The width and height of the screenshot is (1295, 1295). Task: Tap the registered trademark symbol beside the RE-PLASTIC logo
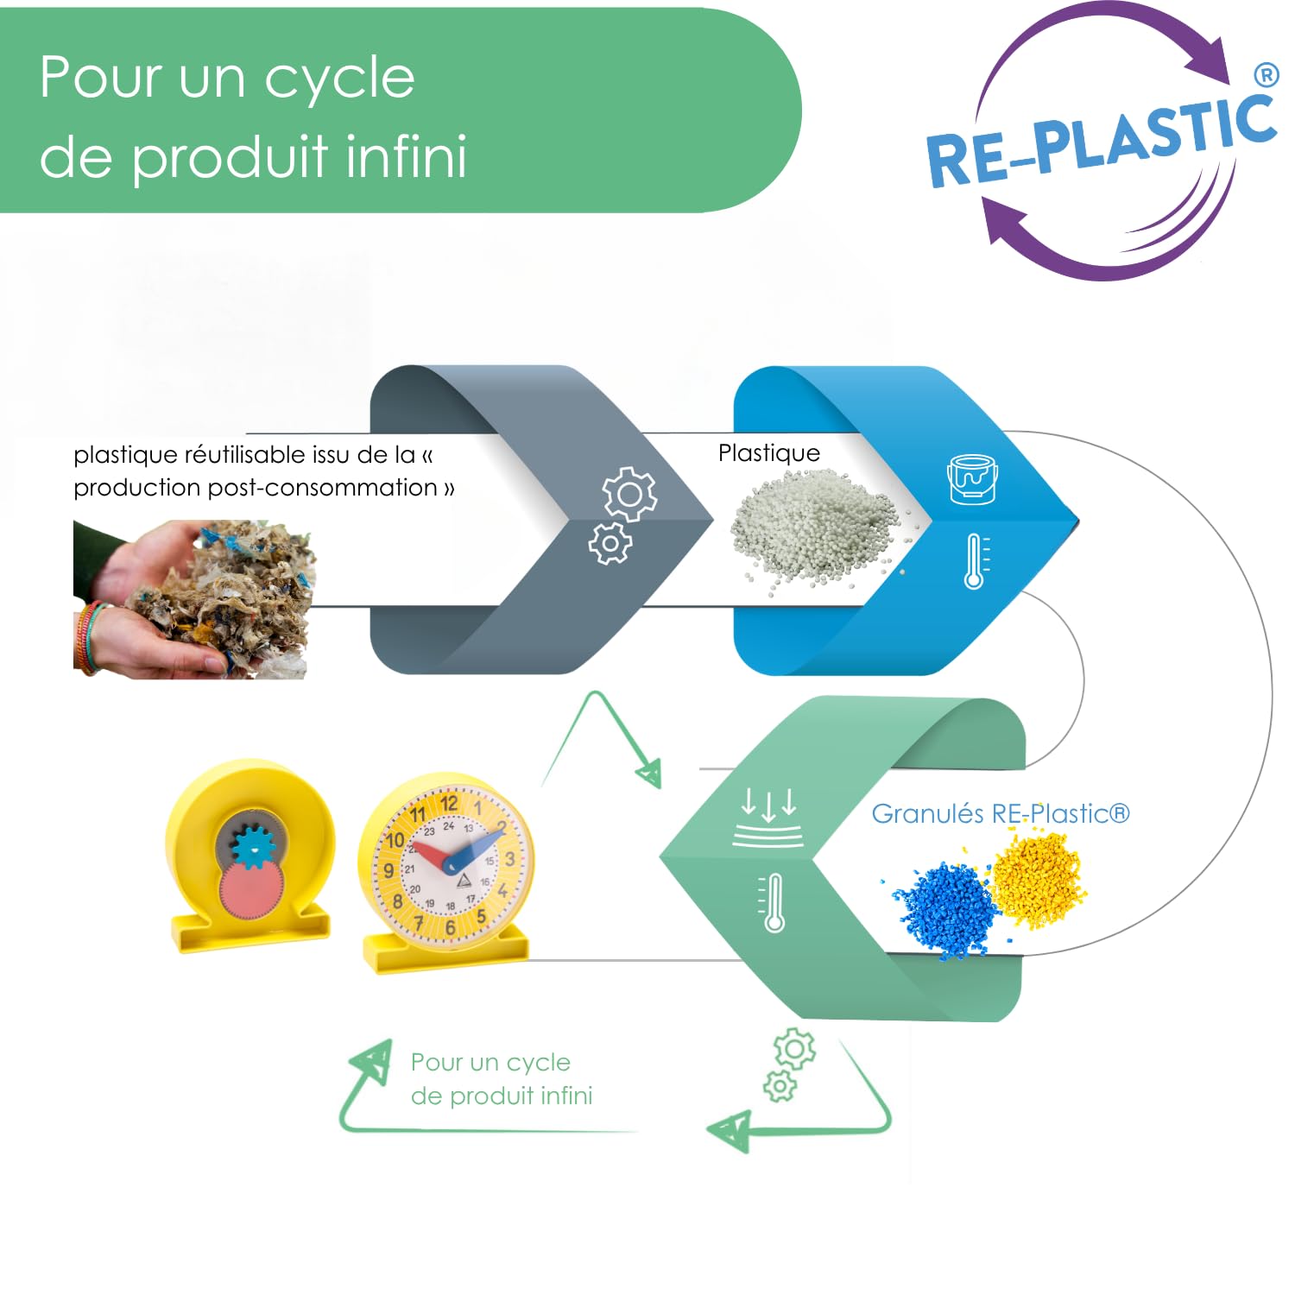[x=1266, y=75]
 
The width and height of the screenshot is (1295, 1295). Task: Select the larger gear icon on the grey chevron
[x=629, y=494]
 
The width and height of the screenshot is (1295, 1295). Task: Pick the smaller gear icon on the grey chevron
[x=610, y=543]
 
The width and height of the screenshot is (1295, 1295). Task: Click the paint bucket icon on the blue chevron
[x=973, y=478]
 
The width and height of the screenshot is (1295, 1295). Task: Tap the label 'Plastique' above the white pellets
[x=769, y=453]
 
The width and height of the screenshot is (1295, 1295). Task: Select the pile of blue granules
[x=944, y=908]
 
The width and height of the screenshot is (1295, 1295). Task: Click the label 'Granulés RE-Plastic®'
[x=1001, y=813]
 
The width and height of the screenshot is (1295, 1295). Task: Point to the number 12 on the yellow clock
[x=449, y=805]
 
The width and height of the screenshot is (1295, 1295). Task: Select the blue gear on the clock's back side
[x=253, y=847]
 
